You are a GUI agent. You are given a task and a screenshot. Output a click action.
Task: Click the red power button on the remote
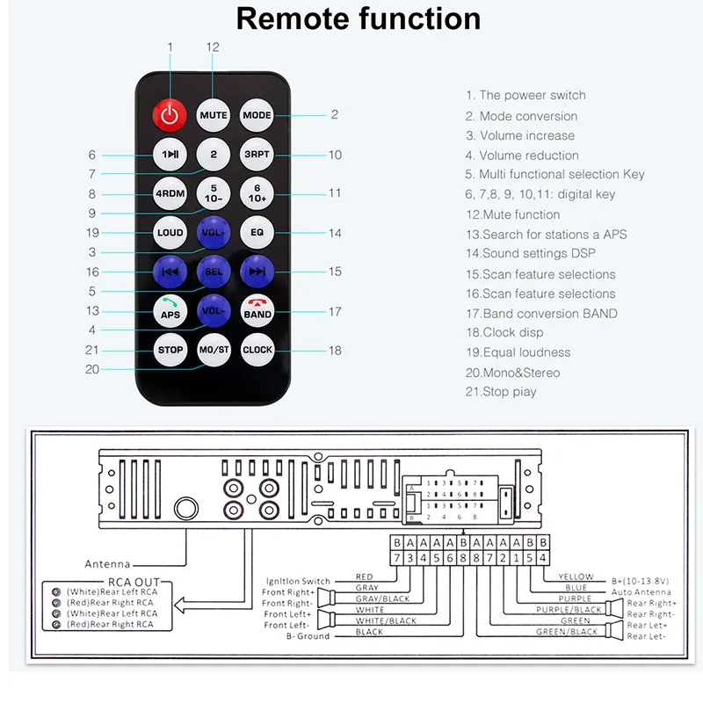170,114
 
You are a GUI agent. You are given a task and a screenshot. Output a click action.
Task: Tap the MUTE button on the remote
214,115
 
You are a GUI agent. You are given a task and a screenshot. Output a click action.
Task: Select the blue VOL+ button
214,233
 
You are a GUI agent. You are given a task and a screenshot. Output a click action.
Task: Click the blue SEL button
214,272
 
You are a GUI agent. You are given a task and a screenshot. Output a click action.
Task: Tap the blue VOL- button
214,310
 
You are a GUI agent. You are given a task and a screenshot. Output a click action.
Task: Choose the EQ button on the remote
257,233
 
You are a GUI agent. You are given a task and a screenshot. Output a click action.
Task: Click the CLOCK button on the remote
257,349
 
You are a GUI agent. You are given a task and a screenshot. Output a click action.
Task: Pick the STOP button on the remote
170,349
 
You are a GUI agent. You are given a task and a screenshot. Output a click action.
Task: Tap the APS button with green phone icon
170,310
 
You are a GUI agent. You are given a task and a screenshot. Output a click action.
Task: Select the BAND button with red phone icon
257,310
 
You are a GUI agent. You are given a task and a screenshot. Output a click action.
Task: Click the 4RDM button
170,193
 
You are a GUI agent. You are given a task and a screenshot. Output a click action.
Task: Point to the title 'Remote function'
359,19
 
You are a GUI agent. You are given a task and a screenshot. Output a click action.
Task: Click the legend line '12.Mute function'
512,214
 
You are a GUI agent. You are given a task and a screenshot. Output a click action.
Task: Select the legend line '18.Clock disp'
504,332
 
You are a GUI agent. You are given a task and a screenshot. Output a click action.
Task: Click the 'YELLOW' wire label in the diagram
576,577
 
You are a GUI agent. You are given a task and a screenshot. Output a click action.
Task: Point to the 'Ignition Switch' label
298,581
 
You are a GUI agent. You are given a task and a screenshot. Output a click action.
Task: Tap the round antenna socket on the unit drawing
186,509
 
